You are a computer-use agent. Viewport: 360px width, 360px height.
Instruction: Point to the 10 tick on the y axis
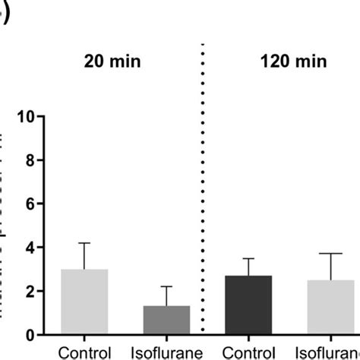30,117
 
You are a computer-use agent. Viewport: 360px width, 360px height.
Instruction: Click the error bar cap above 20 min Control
84,243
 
